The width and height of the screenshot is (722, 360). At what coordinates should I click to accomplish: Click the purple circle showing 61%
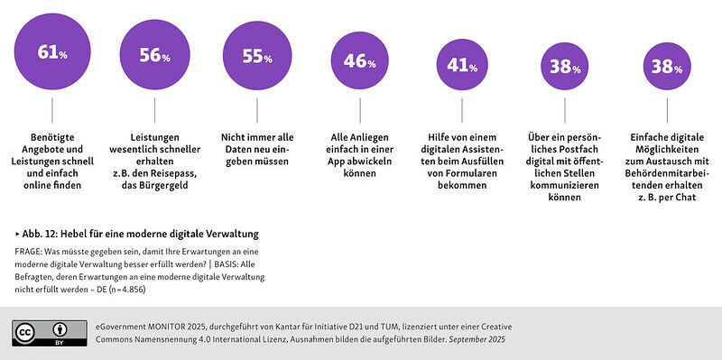point(51,54)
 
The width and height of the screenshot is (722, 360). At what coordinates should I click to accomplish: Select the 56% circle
point(154,56)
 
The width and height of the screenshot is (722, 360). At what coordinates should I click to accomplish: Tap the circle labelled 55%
point(257,57)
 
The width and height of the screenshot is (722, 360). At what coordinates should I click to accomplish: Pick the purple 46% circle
point(360,61)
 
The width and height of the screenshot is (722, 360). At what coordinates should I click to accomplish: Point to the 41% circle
point(463,64)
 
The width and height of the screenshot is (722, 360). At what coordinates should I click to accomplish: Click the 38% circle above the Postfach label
point(566,65)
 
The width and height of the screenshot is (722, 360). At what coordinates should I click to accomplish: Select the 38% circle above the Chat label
point(669,65)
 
